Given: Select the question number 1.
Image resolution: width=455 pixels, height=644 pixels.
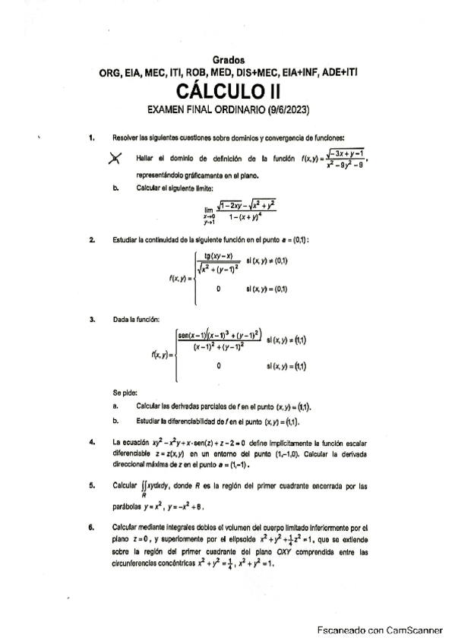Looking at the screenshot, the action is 91,137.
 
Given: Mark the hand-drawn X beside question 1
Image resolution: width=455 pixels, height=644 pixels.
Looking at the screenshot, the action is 115,158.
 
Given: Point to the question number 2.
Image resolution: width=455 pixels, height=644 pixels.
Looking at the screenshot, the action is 91,241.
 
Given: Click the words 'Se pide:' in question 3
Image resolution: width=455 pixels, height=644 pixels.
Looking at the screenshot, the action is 124,393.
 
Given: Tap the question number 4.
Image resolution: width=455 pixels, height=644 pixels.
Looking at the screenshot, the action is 91,441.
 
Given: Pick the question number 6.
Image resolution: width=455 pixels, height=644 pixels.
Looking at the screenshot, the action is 91,526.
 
